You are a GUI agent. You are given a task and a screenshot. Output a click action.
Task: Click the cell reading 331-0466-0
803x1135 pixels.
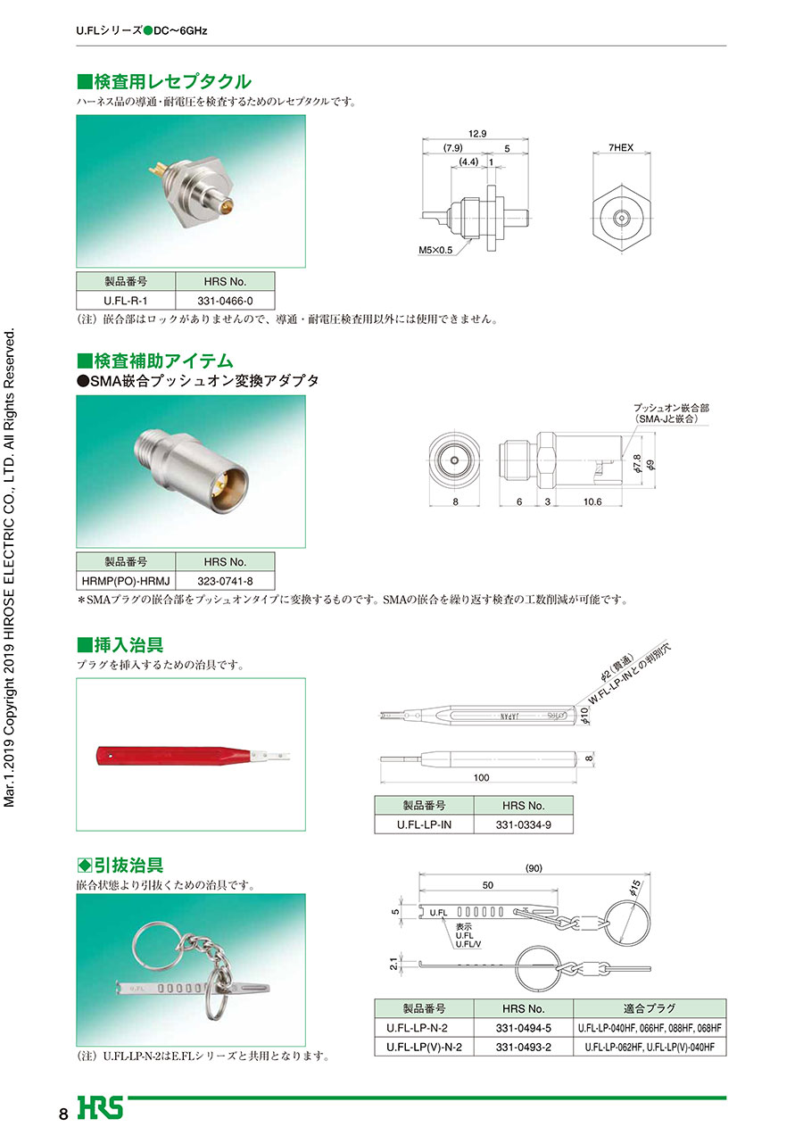[225, 301]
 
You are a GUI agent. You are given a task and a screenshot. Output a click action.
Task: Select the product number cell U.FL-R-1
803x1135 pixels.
[126, 301]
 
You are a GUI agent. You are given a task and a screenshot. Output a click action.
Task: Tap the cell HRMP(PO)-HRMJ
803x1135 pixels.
[126, 581]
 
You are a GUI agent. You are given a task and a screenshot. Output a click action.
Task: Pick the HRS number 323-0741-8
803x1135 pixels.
[225, 581]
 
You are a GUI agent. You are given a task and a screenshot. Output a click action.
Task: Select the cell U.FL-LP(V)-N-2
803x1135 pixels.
[424, 1047]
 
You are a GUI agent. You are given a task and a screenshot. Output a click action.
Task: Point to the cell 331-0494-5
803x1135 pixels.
[524, 1028]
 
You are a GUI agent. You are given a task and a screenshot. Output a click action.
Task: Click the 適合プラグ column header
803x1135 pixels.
[650, 1008]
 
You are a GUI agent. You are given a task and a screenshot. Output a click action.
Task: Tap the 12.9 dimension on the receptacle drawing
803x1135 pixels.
[477, 134]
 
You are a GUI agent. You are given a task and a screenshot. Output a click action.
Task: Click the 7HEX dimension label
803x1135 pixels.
[621, 147]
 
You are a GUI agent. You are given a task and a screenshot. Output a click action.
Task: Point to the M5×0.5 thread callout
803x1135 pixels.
[435, 250]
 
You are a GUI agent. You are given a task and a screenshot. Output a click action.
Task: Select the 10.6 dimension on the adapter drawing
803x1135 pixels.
[592, 501]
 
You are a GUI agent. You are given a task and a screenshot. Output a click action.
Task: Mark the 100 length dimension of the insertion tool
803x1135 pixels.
[481, 777]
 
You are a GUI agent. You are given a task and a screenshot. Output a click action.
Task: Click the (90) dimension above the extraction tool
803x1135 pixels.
[534, 868]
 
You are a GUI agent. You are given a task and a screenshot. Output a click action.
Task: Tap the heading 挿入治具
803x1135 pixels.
[120, 645]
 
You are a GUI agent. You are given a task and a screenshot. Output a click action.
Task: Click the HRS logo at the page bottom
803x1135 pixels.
[100, 1107]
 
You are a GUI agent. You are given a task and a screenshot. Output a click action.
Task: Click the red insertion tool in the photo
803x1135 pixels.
[193, 756]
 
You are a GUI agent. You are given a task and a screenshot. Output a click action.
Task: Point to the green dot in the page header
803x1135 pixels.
[148, 31]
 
